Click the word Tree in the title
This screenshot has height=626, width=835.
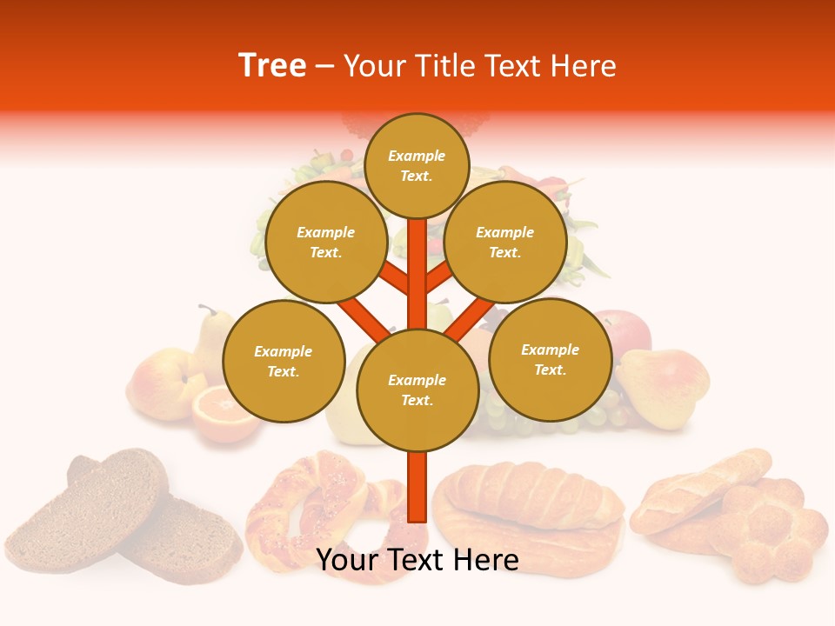pyautogui.click(x=272, y=66)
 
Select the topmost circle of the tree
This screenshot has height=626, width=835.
pyautogui.click(x=417, y=165)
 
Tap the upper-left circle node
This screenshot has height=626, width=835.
pyautogui.click(x=325, y=242)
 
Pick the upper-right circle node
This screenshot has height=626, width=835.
pyautogui.click(x=504, y=242)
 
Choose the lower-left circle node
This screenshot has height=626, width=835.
pyautogui.click(x=283, y=361)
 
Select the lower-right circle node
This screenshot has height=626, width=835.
pyautogui.click(x=550, y=359)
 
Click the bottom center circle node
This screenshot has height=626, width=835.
pyautogui.click(x=417, y=390)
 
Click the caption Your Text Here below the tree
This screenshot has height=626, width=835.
pyautogui.click(x=417, y=560)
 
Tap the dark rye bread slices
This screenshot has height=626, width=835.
pyautogui.click(x=122, y=504)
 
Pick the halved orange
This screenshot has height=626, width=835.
pyautogui.click(x=222, y=416)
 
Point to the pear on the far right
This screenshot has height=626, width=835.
pyautogui.click(x=665, y=384)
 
